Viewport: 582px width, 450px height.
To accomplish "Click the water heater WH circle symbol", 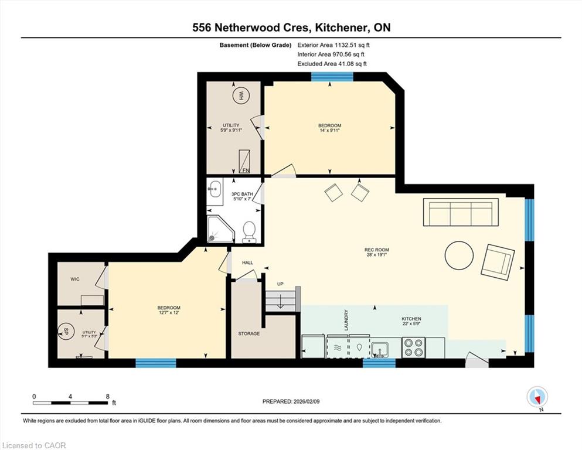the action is [240, 96].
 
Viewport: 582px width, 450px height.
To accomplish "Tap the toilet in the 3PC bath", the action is [249, 232].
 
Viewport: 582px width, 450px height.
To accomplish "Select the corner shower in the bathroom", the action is [220, 229].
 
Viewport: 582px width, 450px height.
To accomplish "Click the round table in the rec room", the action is [459, 255].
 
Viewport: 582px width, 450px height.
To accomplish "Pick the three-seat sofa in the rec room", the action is [461, 212].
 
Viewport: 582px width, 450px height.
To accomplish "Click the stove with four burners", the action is [413, 347].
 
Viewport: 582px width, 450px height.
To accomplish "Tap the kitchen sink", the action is [380, 349].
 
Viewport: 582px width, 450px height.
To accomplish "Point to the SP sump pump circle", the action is [66, 331].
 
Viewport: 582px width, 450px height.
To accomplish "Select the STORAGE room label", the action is [249, 333].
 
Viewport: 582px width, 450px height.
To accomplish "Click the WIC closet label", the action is [75, 279].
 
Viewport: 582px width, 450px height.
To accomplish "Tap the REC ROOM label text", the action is [376, 250].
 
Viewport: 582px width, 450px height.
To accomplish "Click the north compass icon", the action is [537, 397].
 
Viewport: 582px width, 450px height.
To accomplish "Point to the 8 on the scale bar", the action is [108, 396].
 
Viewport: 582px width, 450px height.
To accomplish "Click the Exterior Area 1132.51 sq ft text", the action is [333, 45].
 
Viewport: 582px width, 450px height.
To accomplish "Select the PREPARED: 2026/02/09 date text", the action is [291, 401].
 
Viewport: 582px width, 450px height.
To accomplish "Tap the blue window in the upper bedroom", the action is [332, 76].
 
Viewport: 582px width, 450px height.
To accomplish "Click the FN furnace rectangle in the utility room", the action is [244, 161].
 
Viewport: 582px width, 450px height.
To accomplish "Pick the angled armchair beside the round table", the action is [498, 262].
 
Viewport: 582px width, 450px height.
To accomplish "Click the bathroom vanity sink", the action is [215, 189].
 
